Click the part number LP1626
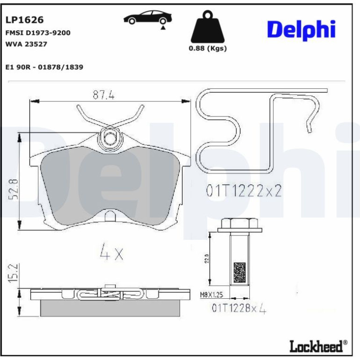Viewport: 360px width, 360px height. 24,20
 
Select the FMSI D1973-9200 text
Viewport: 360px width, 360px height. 38,33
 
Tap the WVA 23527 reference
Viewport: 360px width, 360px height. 26,44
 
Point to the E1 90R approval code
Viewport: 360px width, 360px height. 44,67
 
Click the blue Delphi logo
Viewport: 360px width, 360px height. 301,30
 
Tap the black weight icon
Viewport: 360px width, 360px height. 208,27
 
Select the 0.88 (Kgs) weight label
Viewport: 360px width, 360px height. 208,49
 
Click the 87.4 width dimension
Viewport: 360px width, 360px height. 103,94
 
